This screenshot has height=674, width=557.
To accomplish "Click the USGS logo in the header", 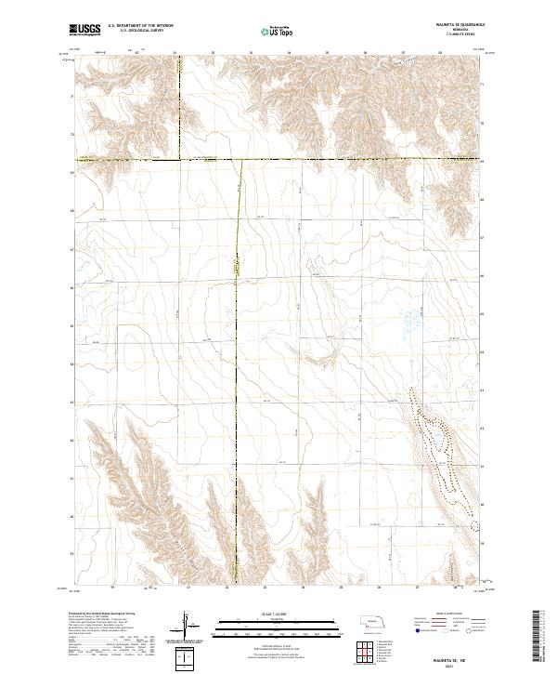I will click(85, 31).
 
